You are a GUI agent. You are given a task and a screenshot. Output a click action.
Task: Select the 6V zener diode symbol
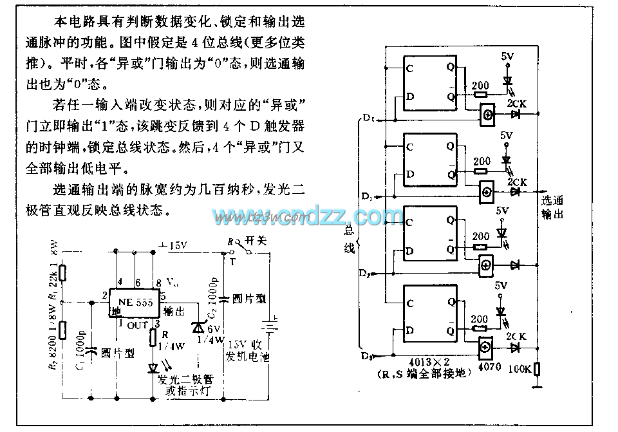(x=196, y=326)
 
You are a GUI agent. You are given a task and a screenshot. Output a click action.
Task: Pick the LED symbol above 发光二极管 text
(x=154, y=368)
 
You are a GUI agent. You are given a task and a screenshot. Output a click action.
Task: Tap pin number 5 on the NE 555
(x=163, y=296)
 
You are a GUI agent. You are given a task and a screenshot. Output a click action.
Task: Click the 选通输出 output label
(x=552, y=207)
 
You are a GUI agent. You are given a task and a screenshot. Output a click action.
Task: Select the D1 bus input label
(x=366, y=195)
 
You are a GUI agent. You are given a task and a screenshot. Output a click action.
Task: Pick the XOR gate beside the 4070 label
(x=487, y=346)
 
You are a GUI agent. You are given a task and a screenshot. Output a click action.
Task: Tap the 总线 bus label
(x=349, y=239)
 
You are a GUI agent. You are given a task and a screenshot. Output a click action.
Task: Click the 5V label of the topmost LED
(x=507, y=56)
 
